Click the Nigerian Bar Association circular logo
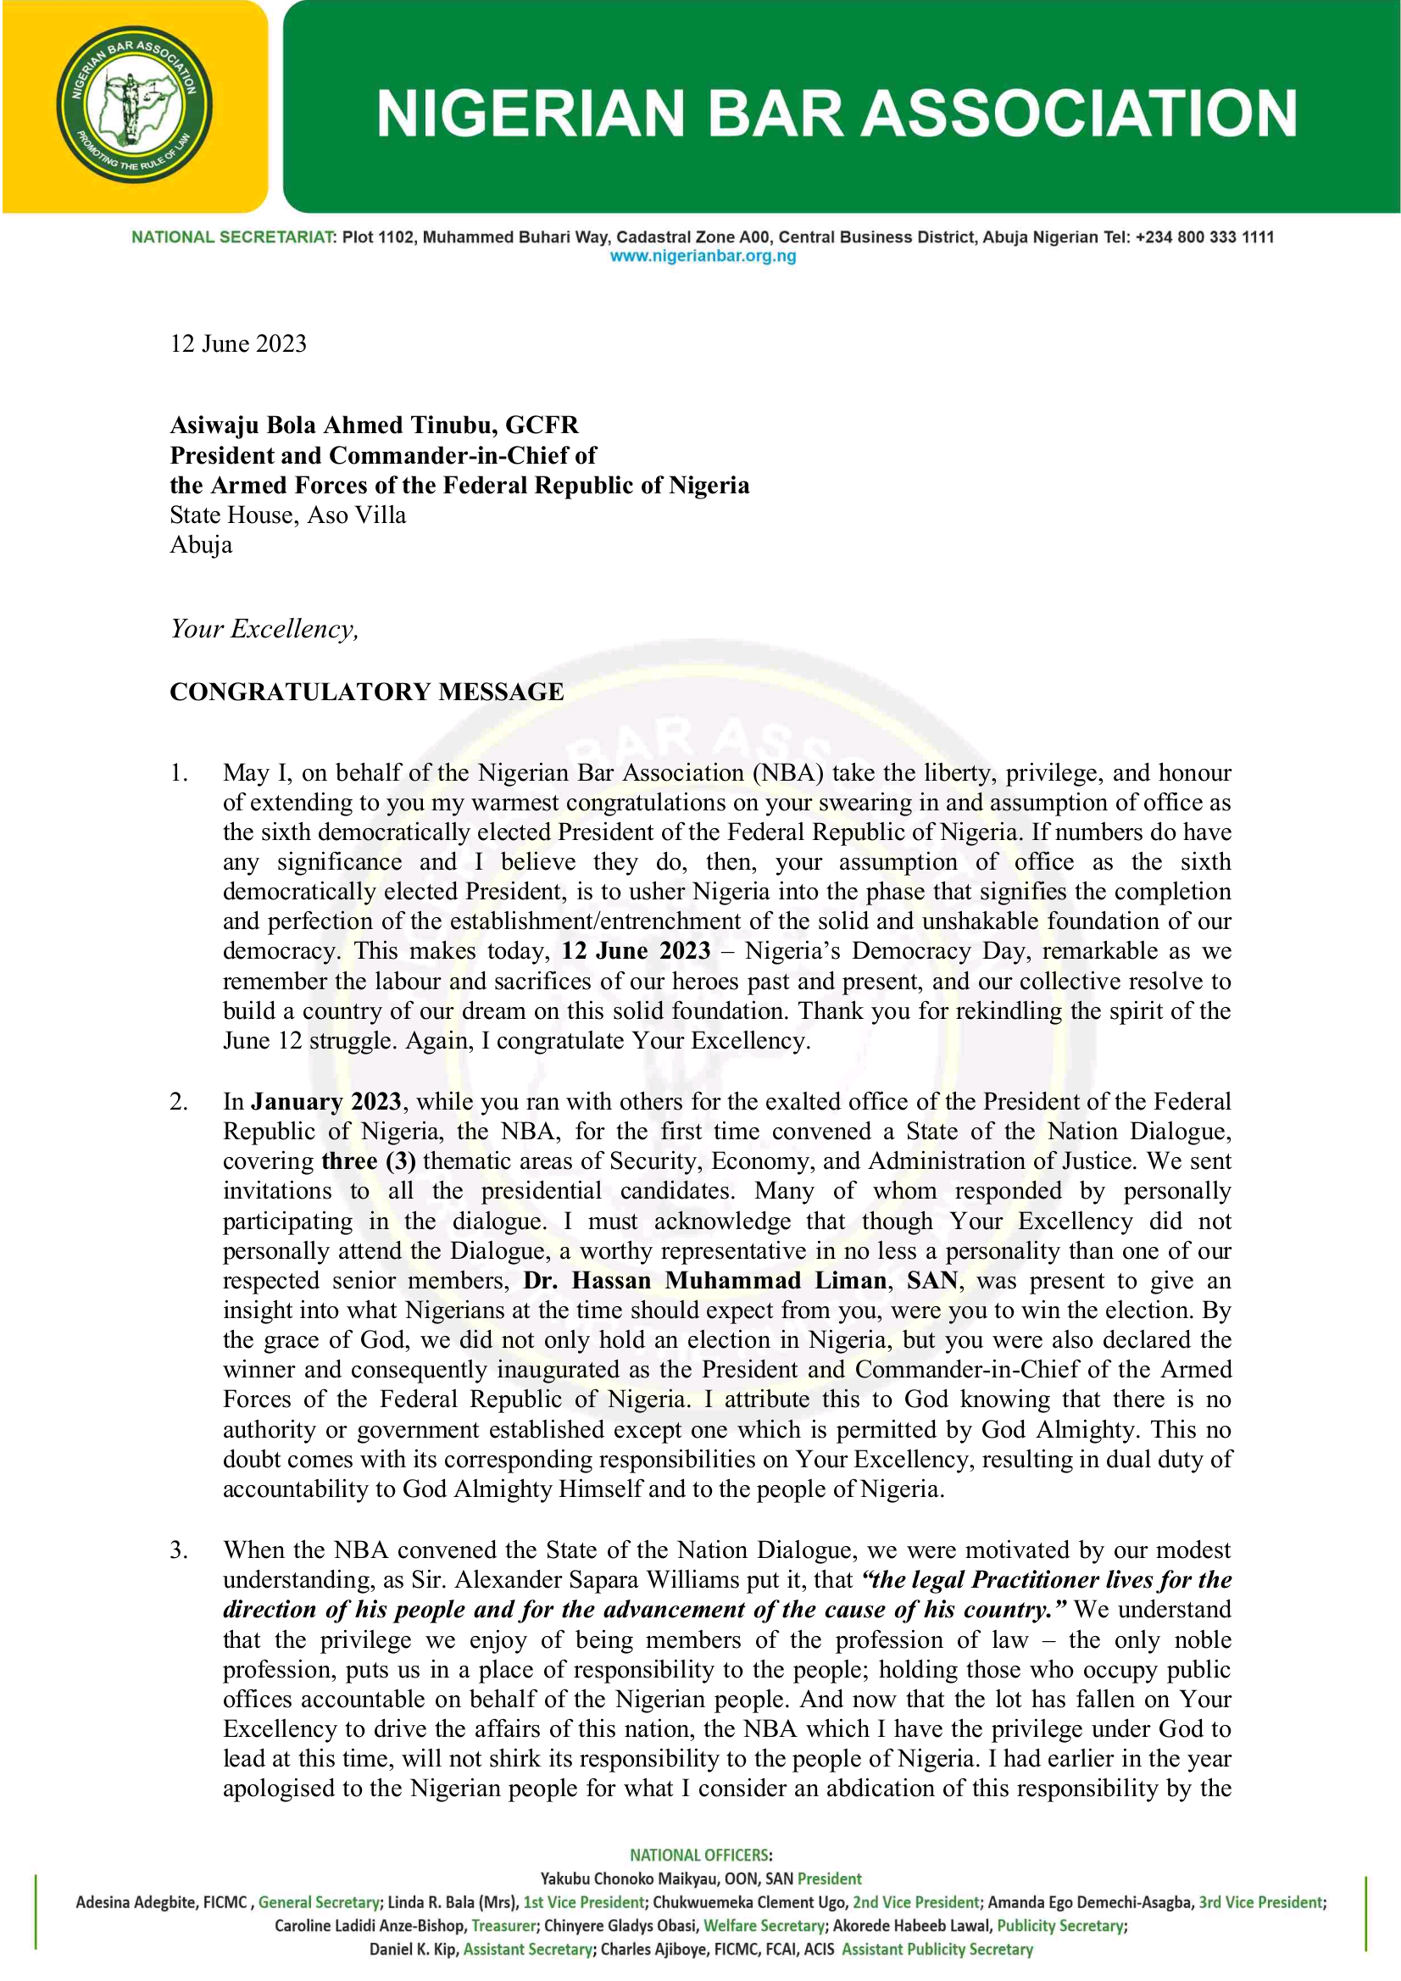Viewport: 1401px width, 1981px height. [135, 105]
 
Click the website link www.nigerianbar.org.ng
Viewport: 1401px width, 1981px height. [703, 256]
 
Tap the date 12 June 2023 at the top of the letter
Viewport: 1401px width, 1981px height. [238, 343]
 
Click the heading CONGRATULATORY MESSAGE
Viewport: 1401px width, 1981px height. [367, 692]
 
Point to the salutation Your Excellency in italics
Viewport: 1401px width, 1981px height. [264, 629]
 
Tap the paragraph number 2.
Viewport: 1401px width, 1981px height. [179, 1102]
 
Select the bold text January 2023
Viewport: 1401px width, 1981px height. [326, 1102]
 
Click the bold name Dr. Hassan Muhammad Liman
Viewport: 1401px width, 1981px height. [705, 1280]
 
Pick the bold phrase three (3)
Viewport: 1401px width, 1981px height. [369, 1161]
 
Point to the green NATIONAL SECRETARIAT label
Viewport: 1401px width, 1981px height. [233, 237]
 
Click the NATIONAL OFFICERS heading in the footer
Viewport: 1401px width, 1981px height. [700, 1855]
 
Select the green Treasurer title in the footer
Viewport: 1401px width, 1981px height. [504, 1926]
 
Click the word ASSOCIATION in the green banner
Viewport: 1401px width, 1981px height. [1079, 113]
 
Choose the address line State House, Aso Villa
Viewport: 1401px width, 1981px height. [287, 515]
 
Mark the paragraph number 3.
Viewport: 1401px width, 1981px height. [179, 1550]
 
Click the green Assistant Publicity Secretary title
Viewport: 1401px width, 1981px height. [937, 1949]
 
